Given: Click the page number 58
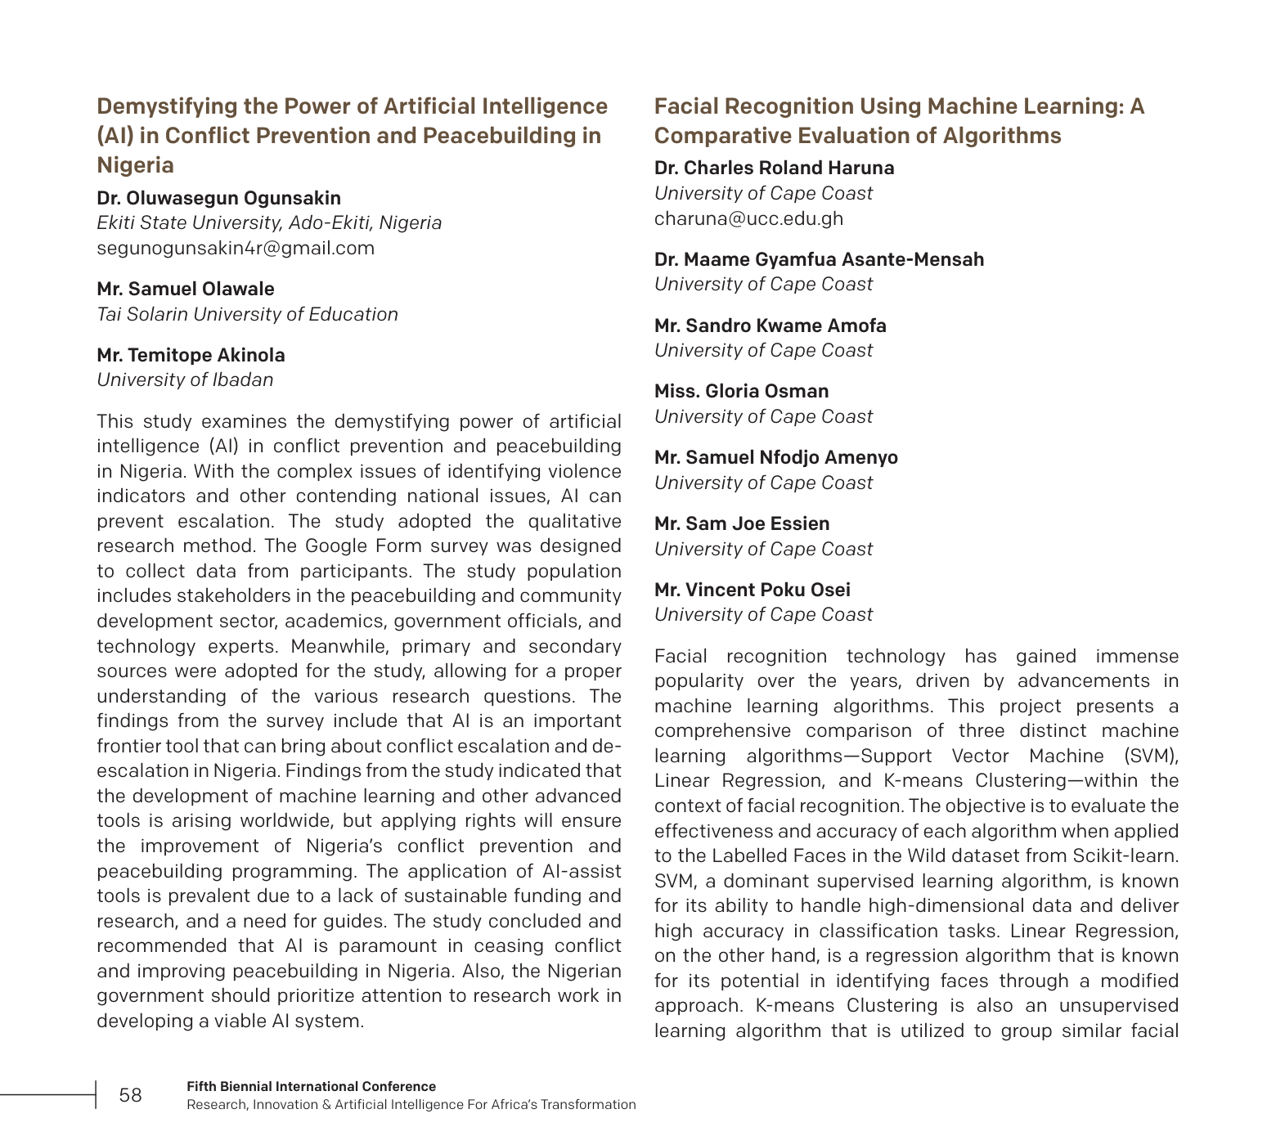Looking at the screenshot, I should (130, 1095).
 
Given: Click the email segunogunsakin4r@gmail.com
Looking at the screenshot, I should (236, 248).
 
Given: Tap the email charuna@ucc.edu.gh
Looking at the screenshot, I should (748, 218).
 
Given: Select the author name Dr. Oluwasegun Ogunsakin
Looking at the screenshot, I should (218, 198).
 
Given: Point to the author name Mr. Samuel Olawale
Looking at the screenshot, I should (186, 289).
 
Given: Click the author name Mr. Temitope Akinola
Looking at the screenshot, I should (191, 355).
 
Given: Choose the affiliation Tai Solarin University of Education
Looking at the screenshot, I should (247, 314).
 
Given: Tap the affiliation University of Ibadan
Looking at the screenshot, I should (185, 379).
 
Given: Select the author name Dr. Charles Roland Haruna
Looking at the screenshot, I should (774, 168).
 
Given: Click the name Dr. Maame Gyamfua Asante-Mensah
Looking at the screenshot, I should (819, 259).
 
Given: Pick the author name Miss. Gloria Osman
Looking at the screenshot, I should (741, 391).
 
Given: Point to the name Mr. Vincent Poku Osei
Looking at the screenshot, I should (752, 590).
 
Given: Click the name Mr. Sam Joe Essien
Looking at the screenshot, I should (741, 523).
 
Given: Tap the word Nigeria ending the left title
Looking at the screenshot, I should (135, 165).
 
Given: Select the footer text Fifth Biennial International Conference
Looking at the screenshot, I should (311, 1086).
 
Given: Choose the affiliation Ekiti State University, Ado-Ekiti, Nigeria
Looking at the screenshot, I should (269, 222).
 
